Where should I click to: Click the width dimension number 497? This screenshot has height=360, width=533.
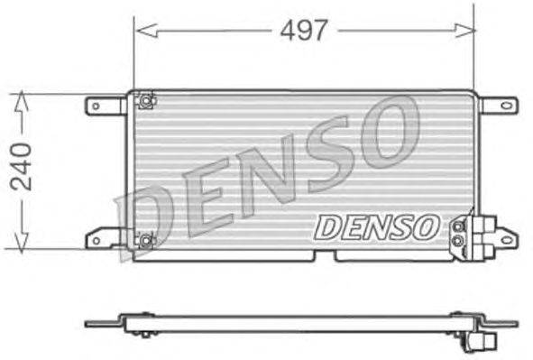303,31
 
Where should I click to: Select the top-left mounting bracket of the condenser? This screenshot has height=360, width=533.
106,106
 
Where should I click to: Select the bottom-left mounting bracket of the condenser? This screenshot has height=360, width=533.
106,239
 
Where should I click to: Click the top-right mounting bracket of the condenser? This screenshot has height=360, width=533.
498,106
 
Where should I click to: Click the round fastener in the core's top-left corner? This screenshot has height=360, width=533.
142,100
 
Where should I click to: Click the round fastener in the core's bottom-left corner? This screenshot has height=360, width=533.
144,240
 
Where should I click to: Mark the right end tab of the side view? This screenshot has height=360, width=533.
501,323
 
